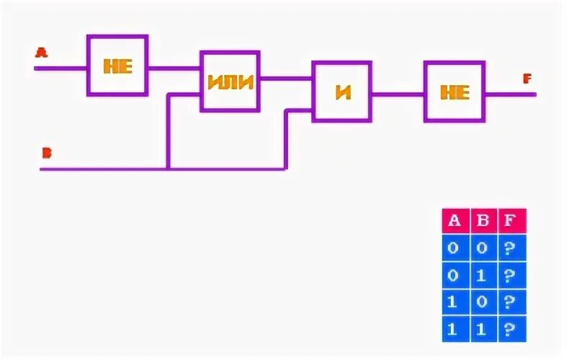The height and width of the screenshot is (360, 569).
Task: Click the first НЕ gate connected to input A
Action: click(117, 66)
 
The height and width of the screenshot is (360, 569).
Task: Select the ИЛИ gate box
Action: click(230, 81)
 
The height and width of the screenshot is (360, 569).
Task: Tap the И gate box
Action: click(342, 91)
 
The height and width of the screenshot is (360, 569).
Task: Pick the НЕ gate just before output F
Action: click(454, 91)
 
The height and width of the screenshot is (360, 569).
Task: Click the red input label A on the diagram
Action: click(41, 52)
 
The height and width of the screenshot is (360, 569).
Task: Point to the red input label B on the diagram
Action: click(46, 153)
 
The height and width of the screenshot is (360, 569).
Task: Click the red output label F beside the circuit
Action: click(527, 78)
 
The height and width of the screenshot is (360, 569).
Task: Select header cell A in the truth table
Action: click(454, 221)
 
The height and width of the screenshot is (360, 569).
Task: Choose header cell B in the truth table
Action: click(483, 221)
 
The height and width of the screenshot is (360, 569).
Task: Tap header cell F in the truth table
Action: click(511, 221)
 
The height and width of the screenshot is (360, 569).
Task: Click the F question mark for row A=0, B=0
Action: click(511, 248)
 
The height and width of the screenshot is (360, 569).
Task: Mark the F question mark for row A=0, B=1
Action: click(511, 275)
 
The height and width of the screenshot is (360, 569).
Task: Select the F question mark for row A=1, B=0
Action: click(511, 302)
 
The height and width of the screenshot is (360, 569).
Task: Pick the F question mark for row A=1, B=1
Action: click(511, 329)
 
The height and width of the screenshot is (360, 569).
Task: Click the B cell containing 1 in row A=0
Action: click(483, 275)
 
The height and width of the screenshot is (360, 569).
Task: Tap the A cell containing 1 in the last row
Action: click(454, 329)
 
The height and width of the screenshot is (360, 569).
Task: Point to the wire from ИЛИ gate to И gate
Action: click(286, 77)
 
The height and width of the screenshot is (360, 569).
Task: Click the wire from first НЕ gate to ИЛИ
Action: click(174, 68)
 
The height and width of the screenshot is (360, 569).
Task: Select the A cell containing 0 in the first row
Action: click(454, 248)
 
